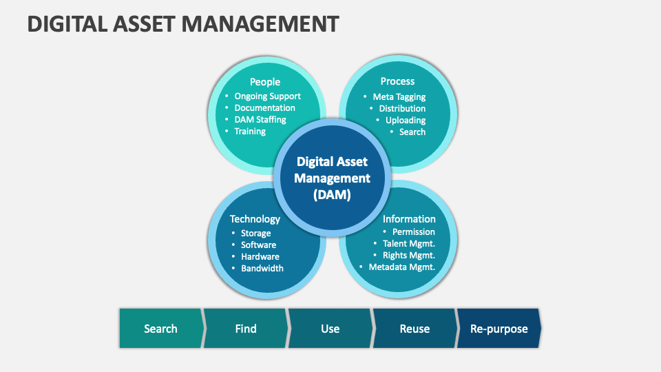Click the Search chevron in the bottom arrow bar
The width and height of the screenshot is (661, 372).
pyautogui.click(x=161, y=328)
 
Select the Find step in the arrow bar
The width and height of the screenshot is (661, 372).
pyautogui.click(x=246, y=328)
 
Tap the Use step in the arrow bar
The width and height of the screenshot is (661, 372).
pyautogui.click(x=330, y=328)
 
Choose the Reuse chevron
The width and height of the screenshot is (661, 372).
pyautogui.click(x=415, y=328)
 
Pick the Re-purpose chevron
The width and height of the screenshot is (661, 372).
pyautogui.click(x=499, y=328)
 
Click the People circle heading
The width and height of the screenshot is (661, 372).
pyautogui.click(x=264, y=82)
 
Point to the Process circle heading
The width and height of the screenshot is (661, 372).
pyautogui.click(x=397, y=81)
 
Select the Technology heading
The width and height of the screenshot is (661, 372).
pyautogui.click(x=255, y=219)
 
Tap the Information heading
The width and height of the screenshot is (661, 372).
pyautogui.click(x=409, y=219)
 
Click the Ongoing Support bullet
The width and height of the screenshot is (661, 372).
pyautogui.click(x=267, y=96)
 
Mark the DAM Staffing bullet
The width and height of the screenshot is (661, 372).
pyautogui.click(x=260, y=119)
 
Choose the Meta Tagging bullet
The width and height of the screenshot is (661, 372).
pyautogui.click(x=399, y=97)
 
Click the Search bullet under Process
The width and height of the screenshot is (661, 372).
pyautogui.click(x=412, y=132)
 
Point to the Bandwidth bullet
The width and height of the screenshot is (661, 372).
pyautogui.click(x=262, y=268)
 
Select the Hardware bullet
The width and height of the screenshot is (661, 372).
pyautogui.click(x=260, y=256)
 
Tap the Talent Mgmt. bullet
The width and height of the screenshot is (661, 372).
pyautogui.click(x=408, y=243)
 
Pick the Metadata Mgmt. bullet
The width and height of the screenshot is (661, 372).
pyautogui.click(x=401, y=267)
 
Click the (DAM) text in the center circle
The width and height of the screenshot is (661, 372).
pyautogui.click(x=332, y=195)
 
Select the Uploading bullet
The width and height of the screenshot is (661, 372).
pyautogui.click(x=405, y=120)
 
